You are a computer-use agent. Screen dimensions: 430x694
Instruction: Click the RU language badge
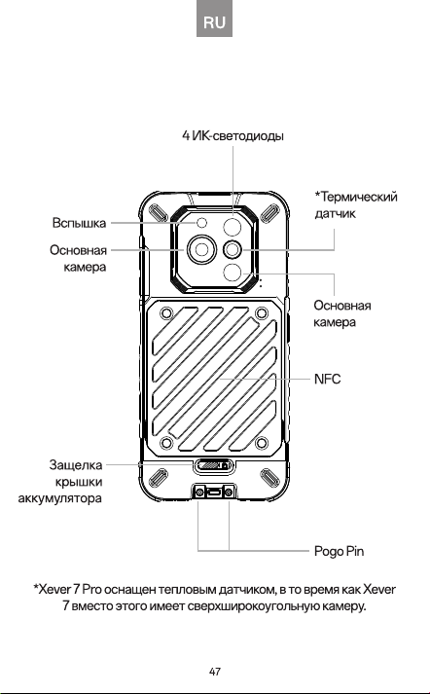pos(215,18)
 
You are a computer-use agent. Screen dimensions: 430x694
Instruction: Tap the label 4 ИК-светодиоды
pos(233,135)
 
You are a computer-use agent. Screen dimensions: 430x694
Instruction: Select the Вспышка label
pos(79,223)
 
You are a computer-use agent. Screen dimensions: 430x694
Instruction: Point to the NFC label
pos(328,379)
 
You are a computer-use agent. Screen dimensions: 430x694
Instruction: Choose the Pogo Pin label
pos(339,551)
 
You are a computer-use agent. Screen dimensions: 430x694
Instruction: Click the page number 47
pos(215,672)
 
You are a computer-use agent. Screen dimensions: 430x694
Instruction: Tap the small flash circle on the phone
pos(202,223)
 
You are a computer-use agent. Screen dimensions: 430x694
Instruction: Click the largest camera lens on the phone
pos(201,250)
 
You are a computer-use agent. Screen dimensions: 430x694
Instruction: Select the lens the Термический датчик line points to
pos(233,250)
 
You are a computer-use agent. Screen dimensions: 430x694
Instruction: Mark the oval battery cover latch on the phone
pos(213,465)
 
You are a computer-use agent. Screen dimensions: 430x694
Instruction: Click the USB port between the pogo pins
pos(215,493)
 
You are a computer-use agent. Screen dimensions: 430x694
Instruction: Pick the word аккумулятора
pos(59,498)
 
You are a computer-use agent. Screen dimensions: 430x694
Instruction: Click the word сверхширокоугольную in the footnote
pos(253,605)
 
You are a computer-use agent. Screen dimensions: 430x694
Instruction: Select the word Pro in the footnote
pos(92,590)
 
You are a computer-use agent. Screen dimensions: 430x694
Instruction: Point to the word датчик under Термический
pos(335,213)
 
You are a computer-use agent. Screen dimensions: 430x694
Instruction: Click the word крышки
pos(79,482)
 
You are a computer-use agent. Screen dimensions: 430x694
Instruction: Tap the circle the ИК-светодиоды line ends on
pos(233,227)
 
